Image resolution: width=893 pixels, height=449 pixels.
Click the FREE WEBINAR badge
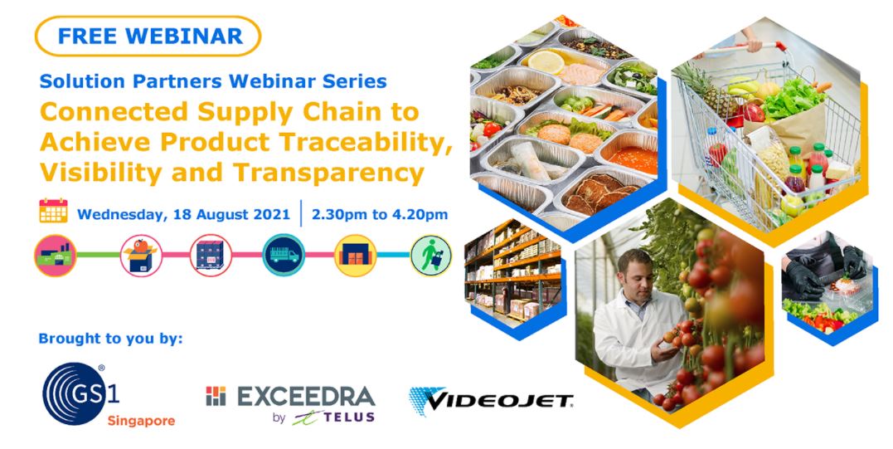[x=148, y=36]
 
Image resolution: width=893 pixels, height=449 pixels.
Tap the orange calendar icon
[x=54, y=210]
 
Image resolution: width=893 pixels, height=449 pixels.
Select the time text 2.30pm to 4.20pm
[x=379, y=214]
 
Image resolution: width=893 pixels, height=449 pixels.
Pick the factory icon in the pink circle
[x=56, y=256]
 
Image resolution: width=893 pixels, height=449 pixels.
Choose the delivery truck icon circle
[x=284, y=256]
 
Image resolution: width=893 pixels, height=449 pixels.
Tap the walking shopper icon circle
[x=431, y=256]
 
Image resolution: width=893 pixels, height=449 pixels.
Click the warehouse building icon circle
[x=356, y=256]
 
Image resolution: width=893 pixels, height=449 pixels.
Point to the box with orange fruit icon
[x=141, y=256]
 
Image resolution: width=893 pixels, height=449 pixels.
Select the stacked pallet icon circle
[x=210, y=256]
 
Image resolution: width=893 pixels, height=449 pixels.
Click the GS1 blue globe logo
[x=75, y=393]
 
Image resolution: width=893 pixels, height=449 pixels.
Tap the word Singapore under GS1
[x=141, y=422]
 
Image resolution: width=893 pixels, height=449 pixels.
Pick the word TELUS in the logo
[x=350, y=417]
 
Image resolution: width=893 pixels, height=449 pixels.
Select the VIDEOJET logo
[x=491, y=401]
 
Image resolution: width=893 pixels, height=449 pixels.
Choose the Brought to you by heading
[x=110, y=339]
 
